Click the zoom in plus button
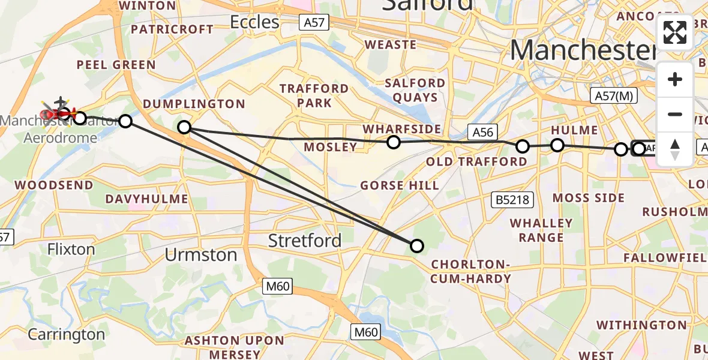[x=675, y=79]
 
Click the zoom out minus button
[x=675, y=114]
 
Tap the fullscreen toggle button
[x=675, y=32]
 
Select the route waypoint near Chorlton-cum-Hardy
[x=416, y=245]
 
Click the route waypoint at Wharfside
[x=394, y=142]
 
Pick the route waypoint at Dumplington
[x=184, y=127]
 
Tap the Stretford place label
[x=305, y=241]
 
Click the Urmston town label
[x=201, y=255]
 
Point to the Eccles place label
[x=255, y=23]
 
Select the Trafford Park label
[x=314, y=96]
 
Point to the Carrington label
[x=66, y=334]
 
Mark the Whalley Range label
[x=541, y=230]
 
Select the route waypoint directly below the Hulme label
[x=557, y=145]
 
